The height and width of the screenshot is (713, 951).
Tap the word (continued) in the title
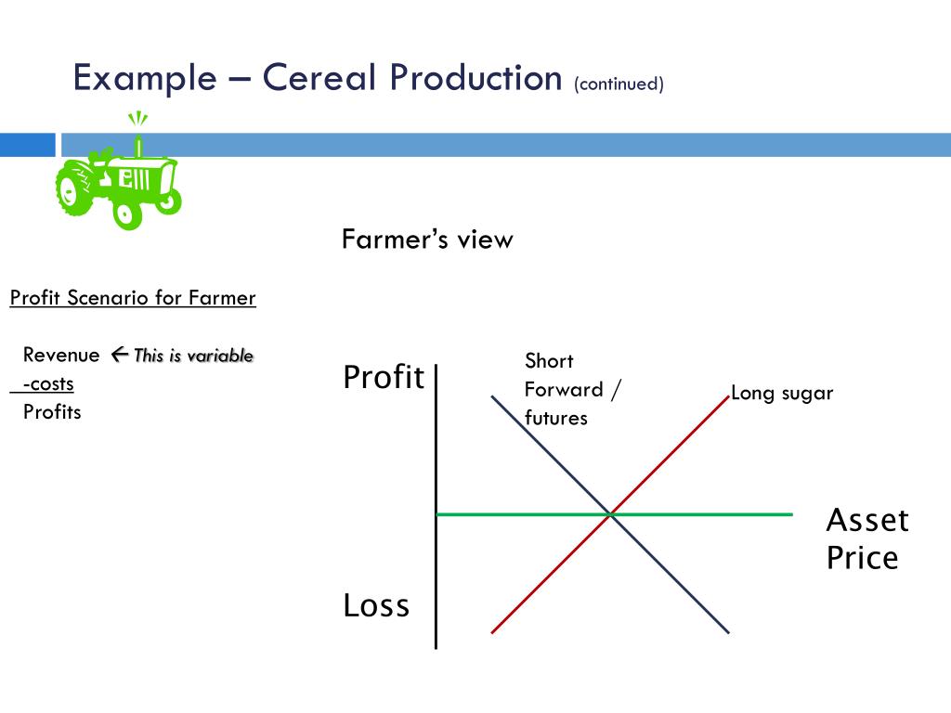pos(619,84)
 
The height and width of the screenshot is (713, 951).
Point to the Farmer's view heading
pos(427,240)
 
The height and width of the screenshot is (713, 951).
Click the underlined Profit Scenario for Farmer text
pos(133,298)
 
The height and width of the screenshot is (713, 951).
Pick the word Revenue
pos(61,355)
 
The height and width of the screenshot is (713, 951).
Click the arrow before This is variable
pos(118,354)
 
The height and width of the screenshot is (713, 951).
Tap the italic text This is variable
pos(193,356)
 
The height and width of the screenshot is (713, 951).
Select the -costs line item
pos(48,383)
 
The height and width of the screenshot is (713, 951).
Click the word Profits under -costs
pos(52,411)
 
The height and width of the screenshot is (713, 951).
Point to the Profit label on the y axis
pos(384,378)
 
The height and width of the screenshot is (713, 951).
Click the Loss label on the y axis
pos(376,605)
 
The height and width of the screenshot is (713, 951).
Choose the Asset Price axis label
pos(866,538)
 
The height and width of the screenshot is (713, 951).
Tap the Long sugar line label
pos(782,393)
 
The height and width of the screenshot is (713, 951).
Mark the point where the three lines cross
pos(610,513)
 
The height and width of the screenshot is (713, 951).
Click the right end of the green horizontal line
pos(791,513)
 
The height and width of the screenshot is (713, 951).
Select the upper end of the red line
pos(727,396)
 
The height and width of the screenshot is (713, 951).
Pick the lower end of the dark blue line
pos(728,632)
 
